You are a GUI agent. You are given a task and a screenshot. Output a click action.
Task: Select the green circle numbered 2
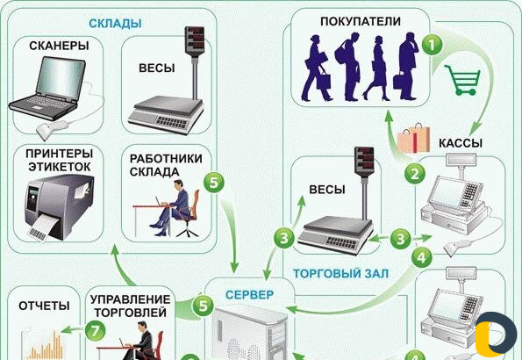414,174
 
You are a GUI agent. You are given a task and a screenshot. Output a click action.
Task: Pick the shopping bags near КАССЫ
414,139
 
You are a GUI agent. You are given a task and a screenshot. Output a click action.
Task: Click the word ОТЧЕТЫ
44,305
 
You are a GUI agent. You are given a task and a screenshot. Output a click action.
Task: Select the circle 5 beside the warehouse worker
214,183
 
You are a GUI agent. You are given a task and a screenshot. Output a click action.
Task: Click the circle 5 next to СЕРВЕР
203,306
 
